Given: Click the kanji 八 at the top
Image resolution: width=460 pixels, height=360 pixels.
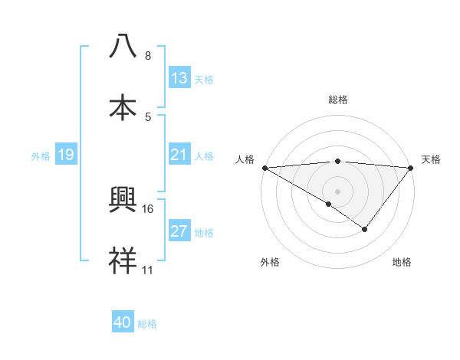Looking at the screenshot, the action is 123,47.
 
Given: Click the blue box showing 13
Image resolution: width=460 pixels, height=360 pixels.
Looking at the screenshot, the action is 179,77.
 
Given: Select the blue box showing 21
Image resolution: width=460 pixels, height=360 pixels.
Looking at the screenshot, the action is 179,155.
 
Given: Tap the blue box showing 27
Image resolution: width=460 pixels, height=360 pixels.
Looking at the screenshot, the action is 179,231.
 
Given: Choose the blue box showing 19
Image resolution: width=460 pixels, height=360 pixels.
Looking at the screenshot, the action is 66,155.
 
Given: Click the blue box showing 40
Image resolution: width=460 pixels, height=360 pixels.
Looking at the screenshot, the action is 123,322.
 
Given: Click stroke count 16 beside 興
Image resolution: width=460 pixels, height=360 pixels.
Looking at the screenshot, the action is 149,208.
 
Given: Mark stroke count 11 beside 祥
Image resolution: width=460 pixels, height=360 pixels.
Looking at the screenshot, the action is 148,270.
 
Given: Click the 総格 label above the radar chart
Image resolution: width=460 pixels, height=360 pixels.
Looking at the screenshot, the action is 338,100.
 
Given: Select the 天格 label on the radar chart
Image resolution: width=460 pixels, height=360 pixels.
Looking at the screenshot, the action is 432,159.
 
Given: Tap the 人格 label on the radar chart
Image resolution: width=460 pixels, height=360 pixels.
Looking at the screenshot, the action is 245,159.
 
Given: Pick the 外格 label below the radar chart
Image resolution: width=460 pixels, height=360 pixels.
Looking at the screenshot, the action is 270,263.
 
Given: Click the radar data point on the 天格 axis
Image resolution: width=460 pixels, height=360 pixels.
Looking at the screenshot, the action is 411,167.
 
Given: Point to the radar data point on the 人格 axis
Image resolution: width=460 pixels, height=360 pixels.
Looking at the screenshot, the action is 264,167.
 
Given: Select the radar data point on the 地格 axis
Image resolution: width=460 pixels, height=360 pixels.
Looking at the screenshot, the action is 365,229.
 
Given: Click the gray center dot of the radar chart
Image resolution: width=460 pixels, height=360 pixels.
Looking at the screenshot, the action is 338,191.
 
